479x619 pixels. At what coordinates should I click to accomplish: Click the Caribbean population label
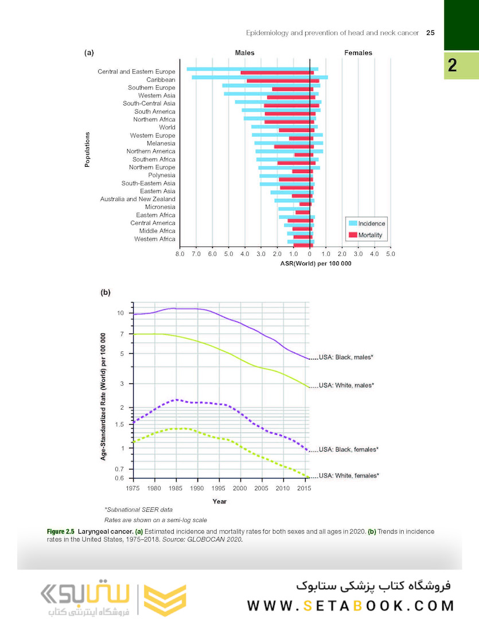[161, 80]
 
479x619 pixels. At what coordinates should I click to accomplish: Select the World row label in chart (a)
[167, 127]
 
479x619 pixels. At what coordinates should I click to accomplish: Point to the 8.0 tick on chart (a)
[180, 253]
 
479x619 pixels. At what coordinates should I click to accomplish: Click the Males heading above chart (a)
[245, 53]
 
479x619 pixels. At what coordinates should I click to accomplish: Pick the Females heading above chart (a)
[358, 53]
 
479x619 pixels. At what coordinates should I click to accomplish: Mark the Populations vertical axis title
[88, 150]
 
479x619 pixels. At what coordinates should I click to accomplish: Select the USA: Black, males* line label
[346, 357]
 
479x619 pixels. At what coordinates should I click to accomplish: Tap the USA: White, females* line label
[348, 476]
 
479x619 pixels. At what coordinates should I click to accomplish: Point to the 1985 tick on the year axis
[176, 488]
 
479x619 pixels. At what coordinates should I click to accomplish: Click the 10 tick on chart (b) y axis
[120, 313]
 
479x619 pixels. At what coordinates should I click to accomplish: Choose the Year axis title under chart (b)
[219, 502]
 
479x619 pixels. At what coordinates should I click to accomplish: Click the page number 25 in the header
[430, 33]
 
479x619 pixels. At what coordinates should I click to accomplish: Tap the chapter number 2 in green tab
[453, 65]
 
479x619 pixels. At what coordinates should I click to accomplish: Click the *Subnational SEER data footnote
[138, 510]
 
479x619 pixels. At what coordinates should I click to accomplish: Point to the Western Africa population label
[155, 239]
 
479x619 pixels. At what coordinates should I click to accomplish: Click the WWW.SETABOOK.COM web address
[351, 605]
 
